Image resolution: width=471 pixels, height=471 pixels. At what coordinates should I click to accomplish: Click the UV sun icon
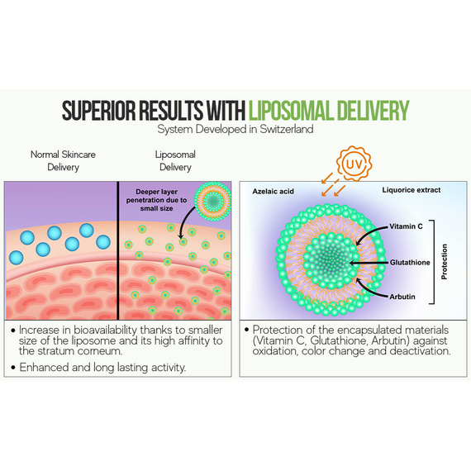tap(354, 164)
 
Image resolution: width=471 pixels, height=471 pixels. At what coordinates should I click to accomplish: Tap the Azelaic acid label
tap(273, 192)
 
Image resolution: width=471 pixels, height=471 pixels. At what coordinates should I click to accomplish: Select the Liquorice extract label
tap(412, 190)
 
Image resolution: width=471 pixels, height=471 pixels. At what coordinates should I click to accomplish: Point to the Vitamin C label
tap(406, 226)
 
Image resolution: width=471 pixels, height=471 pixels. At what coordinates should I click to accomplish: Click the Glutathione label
tap(410, 263)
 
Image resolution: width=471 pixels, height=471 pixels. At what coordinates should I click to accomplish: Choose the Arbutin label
tap(402, 297)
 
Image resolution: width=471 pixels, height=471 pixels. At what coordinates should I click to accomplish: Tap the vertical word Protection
tap(445, 262)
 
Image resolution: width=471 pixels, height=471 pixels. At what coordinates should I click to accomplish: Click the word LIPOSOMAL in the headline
tap(291, 111)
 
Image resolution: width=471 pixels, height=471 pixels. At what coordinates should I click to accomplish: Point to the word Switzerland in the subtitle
tap(287, 129)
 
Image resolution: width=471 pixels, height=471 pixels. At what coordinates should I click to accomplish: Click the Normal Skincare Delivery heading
tap(63, 160)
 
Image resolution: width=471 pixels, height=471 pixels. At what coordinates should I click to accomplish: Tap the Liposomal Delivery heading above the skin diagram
tap(175, 160)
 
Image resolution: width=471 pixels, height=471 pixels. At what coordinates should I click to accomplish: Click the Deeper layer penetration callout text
tap(156, 200)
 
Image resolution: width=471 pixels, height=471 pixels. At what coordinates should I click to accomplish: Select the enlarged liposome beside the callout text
tap(212, 200)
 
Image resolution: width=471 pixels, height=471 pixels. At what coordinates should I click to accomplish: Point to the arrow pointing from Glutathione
tap(369, 263)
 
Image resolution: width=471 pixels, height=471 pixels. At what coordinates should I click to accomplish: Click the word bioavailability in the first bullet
tap(105, 331)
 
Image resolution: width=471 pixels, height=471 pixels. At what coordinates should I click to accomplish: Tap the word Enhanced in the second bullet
tap(44, 368)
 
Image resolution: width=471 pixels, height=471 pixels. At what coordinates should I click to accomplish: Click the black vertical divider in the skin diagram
tap(117, 250)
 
